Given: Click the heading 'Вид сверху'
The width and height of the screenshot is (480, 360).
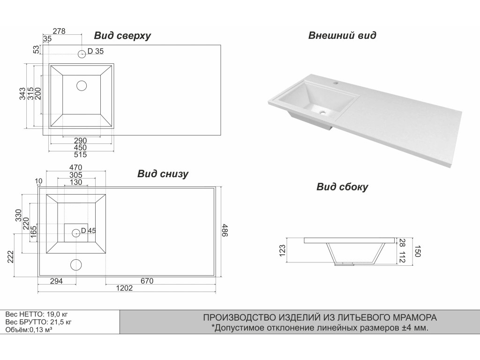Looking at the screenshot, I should (122, 36).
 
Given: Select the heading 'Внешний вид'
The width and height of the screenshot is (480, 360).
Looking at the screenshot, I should (342, 36).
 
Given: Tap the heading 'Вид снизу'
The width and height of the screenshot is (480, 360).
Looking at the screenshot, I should (163, 174).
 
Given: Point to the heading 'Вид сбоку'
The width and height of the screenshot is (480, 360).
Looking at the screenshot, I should (342, 187).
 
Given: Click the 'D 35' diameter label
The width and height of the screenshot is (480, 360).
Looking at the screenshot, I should (96, 52).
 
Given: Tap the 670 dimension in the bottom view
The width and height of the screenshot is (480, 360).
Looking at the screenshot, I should (146, 281).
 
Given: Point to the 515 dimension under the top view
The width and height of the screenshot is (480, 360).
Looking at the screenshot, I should (81, 155).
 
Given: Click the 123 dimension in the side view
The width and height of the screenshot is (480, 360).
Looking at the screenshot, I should (282, 249).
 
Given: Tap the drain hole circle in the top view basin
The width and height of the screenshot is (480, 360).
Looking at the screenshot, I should (82, 85).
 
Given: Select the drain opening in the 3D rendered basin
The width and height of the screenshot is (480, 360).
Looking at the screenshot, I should (323, 112).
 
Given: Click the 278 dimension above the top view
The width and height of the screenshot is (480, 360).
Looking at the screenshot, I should (59, 31).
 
